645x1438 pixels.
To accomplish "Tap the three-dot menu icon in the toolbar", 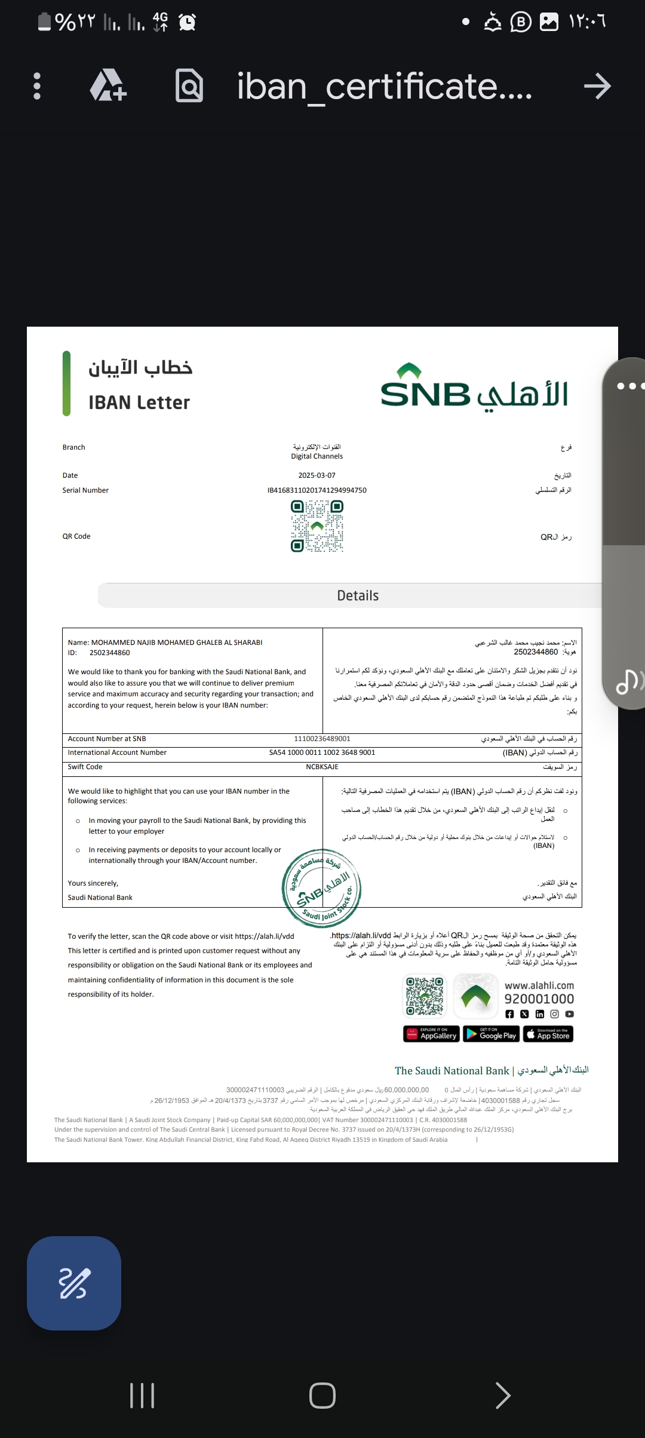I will coord(37,86).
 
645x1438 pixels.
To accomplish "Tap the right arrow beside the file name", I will coord(597,87).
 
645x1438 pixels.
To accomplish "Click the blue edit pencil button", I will coord(74,1283).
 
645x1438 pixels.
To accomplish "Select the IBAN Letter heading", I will coord(139,402).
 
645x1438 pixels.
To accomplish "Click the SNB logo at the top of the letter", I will coord(474,386).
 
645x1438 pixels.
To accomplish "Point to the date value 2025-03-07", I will coord(317,475).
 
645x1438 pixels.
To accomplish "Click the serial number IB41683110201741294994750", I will coord(317,490).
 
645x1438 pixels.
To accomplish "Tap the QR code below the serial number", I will coord(317,526).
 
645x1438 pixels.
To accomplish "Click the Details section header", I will coord(358,595).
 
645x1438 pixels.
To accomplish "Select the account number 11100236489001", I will coord(322,739).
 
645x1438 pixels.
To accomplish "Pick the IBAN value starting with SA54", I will coord(322,752).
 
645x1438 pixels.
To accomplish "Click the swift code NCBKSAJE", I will coord(322,767).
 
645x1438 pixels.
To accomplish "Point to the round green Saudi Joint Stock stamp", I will coord(321,888).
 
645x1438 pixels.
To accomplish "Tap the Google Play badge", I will coord(490,1034).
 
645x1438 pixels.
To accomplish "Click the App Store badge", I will coord(548,1034).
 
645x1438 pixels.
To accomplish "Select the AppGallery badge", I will coord(431,1034).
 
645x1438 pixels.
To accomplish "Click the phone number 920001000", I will coord(539,999).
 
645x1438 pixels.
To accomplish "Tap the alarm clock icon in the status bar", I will coord(188,22).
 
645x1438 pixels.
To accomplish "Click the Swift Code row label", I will coord(85,767).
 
